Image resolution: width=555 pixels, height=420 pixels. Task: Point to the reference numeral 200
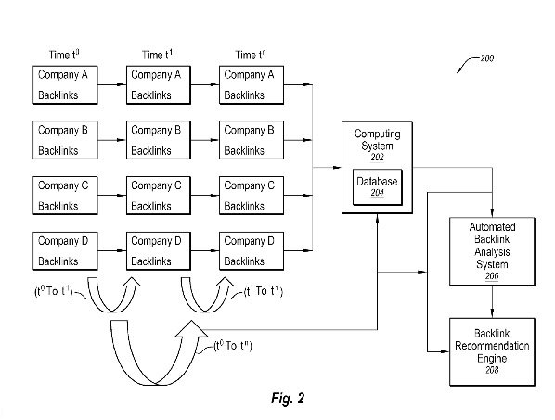[486, 59]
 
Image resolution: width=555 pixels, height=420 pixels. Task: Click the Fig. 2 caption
[281, 400]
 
